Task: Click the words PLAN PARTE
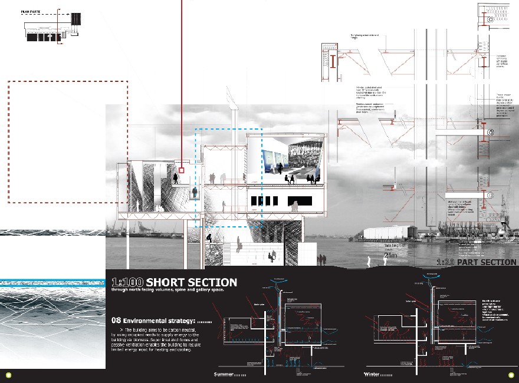click(31, 11)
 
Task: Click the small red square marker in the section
click(182, 170)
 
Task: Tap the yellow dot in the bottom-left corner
click(8, 375)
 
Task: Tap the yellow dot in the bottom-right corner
click(510, 375)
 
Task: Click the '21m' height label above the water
click(390, 255)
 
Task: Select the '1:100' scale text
click(127, 283)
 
